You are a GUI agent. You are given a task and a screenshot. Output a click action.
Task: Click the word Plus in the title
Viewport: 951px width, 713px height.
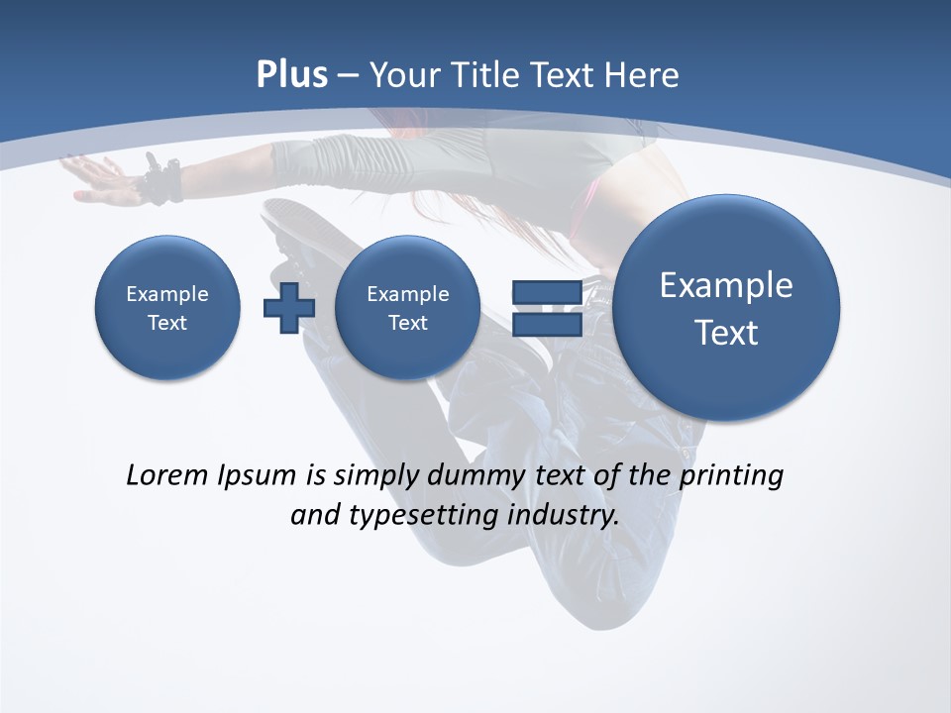[291, 75]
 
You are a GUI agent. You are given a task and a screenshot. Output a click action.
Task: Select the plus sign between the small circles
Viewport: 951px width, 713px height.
[289, 308]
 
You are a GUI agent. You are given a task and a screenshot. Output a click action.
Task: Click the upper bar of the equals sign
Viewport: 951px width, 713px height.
[547, 292]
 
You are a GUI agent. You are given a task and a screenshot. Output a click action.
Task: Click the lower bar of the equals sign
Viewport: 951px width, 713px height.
[547, 325]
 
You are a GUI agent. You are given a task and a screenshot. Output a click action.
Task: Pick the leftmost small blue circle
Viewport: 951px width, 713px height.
[167, 308]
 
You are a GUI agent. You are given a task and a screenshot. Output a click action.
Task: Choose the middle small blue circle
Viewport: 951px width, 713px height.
[407, 308]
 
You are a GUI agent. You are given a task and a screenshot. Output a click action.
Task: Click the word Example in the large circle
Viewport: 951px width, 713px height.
[726, 285]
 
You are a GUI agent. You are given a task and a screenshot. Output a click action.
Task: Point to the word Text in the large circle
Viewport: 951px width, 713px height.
[726, 333]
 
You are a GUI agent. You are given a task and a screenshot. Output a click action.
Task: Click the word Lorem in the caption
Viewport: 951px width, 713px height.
[166, 475]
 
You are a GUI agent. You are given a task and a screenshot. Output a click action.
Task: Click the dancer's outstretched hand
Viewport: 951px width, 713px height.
[94, 178]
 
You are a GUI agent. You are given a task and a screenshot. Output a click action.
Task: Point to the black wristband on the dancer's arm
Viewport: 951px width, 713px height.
[163, 181]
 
